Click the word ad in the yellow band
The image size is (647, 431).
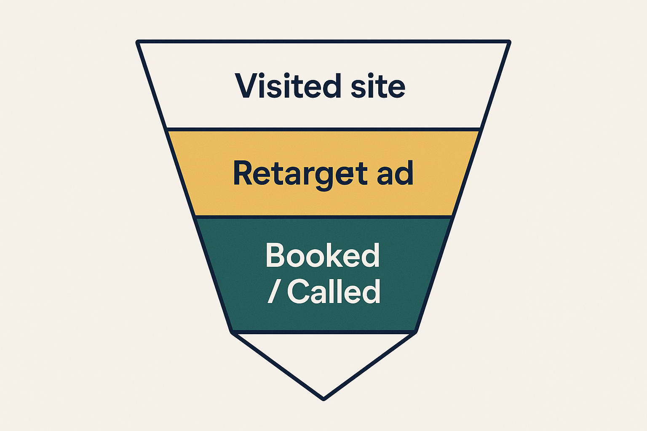tap(395, 173)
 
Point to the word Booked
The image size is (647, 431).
tap(323, 255)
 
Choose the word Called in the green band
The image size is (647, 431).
tap(334, 291)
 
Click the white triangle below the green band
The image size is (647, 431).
tap(323, 358)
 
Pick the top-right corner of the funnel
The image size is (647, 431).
tap(509, 42)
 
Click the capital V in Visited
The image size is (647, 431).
tap(247, 86)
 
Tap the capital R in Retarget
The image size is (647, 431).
tap(244, 173)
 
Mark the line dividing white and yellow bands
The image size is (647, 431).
tap(323, 129)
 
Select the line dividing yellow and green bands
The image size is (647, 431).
tap(323, 217)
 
